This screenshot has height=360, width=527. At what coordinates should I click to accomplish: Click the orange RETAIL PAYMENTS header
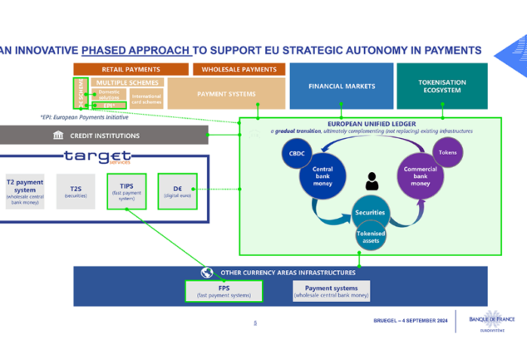click(131, 69)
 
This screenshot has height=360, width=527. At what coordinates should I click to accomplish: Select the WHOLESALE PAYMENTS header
click(238, 69)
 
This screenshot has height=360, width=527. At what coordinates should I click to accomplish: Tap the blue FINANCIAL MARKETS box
click(341, 86)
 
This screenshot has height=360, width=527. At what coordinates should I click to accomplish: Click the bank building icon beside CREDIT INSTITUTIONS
click(58, 136)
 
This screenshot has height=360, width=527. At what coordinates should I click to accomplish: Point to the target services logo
click(97, 156)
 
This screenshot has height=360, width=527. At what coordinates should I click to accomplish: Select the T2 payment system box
click(25, 190)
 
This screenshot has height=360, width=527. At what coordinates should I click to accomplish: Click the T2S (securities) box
click(76, 190)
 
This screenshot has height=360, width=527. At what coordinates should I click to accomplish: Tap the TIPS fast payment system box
click(126, 190)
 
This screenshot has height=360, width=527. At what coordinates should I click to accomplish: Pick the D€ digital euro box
click(177, 190)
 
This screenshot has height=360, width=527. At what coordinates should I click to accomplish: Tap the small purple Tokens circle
click(448, 153)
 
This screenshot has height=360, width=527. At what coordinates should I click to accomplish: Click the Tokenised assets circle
click(371, 235)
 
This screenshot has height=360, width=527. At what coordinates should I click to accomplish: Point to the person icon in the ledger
click(372, 180)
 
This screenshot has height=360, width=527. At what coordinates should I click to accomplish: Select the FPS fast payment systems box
click(224, 290)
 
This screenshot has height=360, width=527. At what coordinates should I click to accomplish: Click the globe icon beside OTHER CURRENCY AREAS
click(207, 272)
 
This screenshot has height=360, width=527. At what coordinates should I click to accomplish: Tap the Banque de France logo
click(492, 320)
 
